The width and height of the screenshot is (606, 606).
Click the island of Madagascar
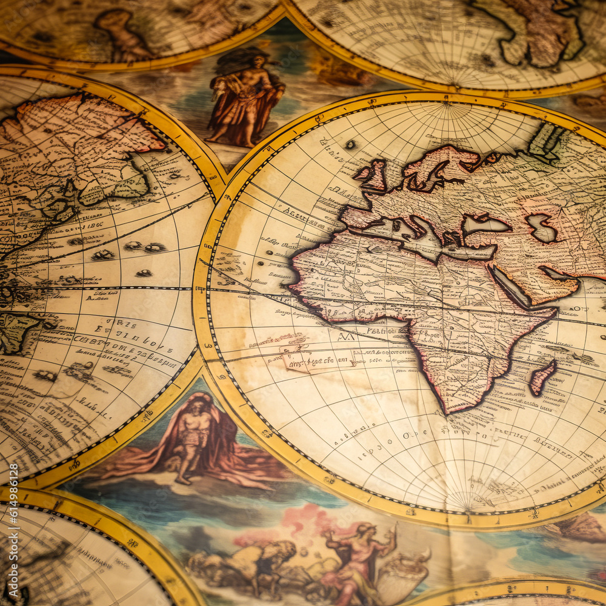pyautogui.click(x=542, y=377)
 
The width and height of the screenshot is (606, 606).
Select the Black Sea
pyautogui.click(x=485, y=225)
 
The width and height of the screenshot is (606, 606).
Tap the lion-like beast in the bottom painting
pyautogui.click(x=255, y=558)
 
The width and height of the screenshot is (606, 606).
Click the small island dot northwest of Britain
pyautogui.click(x=350, y=144)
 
